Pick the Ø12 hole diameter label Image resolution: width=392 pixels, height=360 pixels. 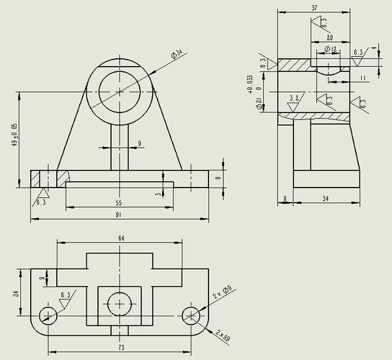(329, 50)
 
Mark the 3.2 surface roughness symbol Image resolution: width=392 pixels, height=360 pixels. (294, 99)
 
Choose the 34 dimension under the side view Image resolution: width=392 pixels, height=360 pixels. (325, 197)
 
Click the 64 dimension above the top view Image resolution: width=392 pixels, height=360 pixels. (121, 238)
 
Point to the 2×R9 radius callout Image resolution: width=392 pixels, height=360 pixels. (223, 336)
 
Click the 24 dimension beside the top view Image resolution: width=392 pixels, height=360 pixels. (16, 295)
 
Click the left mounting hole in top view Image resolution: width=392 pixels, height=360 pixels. (48, 315)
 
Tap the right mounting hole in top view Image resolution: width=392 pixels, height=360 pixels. (191, 315)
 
